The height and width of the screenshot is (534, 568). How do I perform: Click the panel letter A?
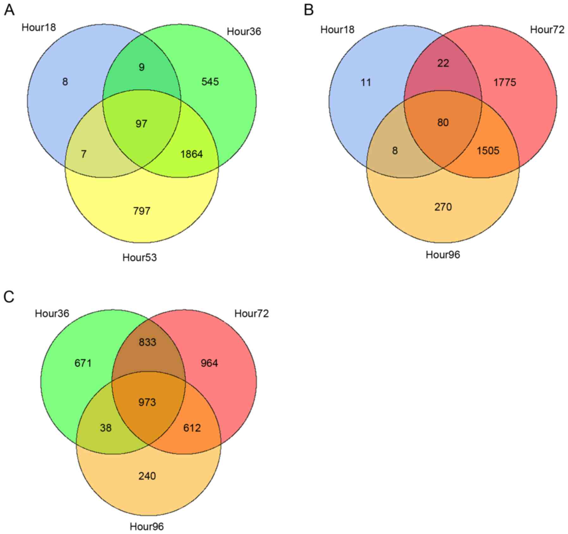tap(9, 10)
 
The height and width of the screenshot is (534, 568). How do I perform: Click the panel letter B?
tap(309, 10)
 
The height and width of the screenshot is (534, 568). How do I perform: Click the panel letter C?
tap(9, 297)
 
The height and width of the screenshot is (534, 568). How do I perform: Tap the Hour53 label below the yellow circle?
tap(139, 257)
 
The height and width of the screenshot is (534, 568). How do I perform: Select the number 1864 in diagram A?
tap(191, 154)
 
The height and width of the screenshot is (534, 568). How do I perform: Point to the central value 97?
tap(141, 123)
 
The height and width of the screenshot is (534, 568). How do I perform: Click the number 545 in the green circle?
tap(210, 82)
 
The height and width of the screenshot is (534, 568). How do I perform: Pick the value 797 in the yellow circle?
tap(141, 211)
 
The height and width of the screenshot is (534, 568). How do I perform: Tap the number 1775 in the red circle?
tap(504, 82)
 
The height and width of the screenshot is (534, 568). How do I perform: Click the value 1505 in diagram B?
tap(488, 150)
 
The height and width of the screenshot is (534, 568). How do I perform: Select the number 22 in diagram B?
tap(443, 63)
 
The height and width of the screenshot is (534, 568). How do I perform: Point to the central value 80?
tap(443, 122)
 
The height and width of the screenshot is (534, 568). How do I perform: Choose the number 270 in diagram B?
tap(443, 207)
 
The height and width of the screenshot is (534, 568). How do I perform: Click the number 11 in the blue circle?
tap(366, 83)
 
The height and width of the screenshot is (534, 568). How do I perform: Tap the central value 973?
tap(147, 402)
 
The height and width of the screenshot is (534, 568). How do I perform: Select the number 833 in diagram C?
tap(147, 342)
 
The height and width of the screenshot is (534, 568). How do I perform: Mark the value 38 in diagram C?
tap(106, 428)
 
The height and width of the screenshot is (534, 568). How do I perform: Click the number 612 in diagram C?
tap(192, 428)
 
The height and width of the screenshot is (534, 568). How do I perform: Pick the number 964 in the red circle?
tap(209, 363)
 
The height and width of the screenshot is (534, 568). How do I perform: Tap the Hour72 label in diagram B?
tap(547, 30)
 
